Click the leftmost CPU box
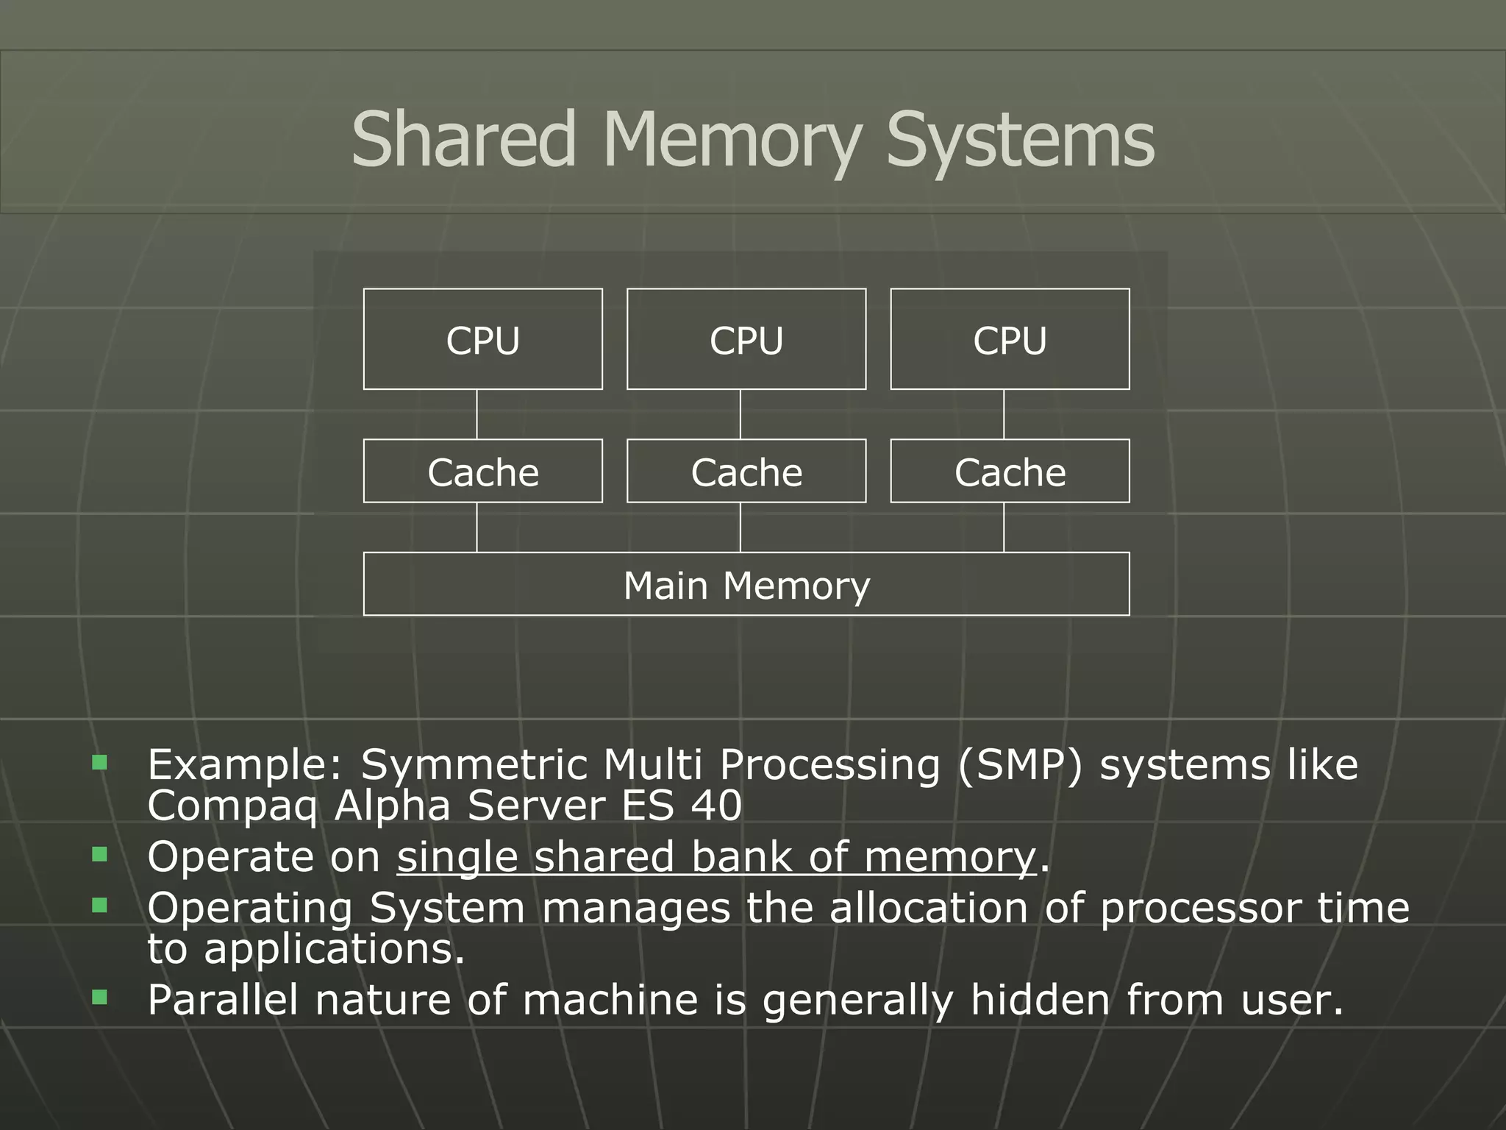[x=482, y=339]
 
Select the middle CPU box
[x=746, y=339]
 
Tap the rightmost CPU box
[x=1010, y=339]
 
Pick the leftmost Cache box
[x=482, y=472]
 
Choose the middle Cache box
[x=746, y=472]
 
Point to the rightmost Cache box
[x=1010, y=472]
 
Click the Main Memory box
[x=746, y=585]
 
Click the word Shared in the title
[x=463, y=140]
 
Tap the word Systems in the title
[x=1020, y=140]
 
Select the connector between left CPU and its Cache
[x=477, y=414]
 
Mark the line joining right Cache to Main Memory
[x=1004, y=527]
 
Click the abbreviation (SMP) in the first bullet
[x=1020, y=765]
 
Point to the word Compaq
[x=232, y=806]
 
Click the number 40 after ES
[x=716, y=805]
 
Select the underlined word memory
[x=949, y=858]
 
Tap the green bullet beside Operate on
[x=100, y=854]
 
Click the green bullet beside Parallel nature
[x=100, y=998]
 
